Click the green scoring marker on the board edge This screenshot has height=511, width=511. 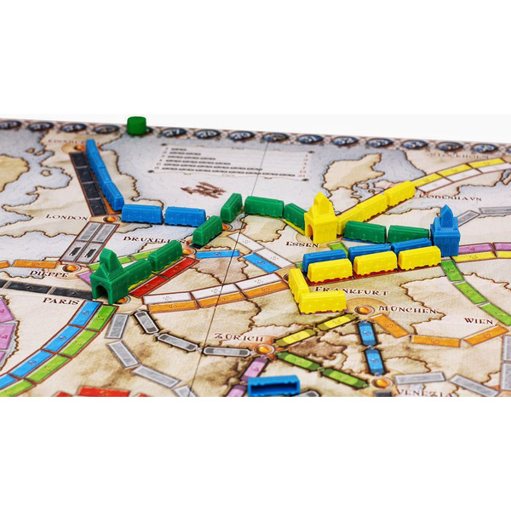135,125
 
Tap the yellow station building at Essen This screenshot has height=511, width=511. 320,219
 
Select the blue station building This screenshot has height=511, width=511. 445,233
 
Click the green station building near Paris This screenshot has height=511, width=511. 109,277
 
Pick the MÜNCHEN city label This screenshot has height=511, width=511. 398,311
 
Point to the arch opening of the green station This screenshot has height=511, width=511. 106,293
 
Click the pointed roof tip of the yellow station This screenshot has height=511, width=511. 320,197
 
